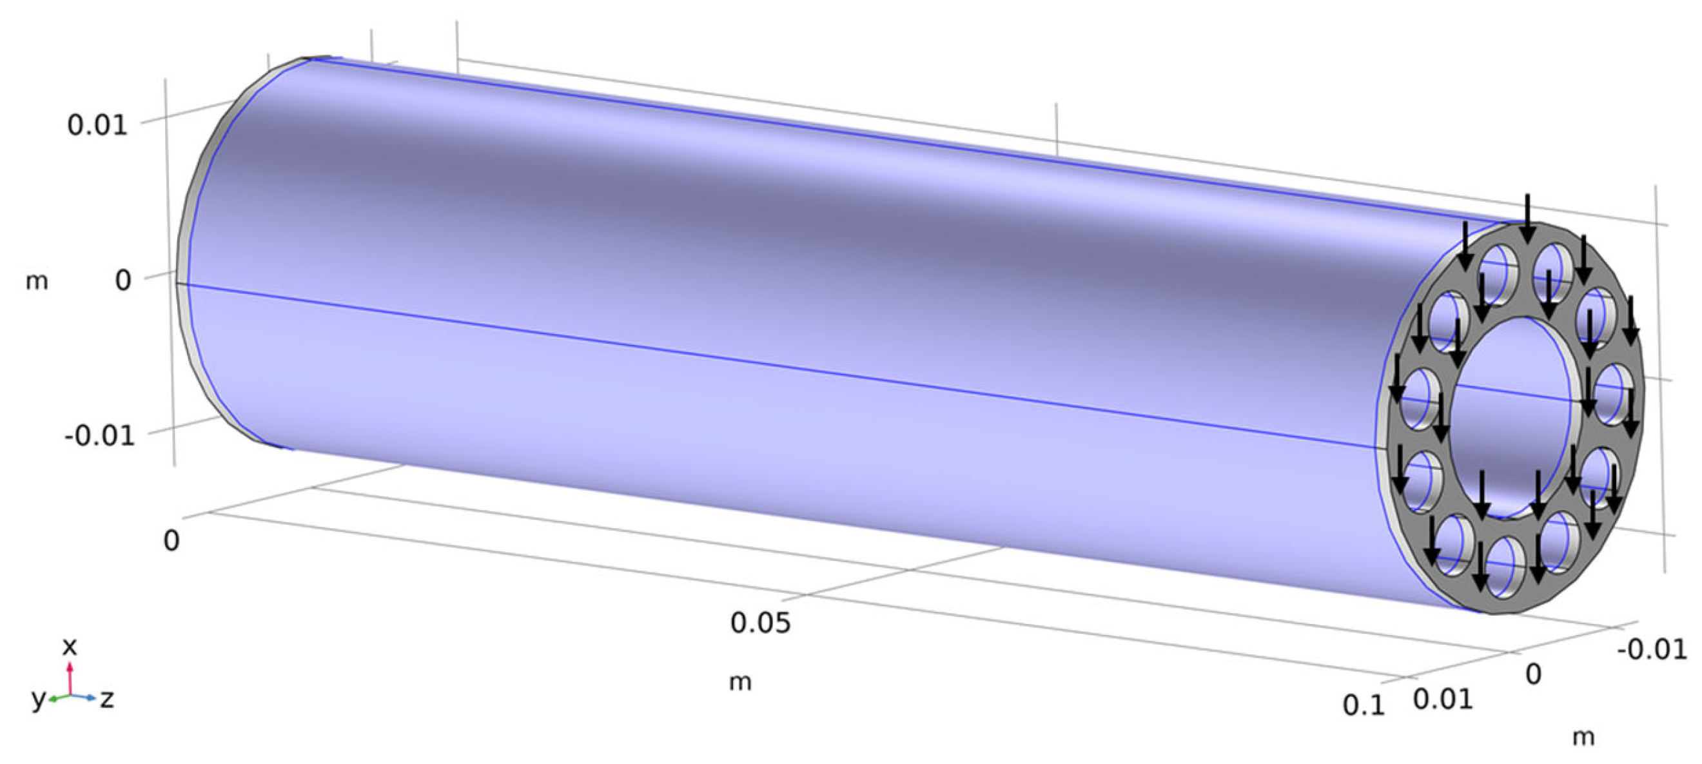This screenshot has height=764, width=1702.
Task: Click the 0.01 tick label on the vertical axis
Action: (97, 124)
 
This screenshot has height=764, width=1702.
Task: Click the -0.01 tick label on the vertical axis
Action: (100, 436)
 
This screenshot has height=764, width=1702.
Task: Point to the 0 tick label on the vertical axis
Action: (123, 280)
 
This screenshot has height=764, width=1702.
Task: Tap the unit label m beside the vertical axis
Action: (37, 282)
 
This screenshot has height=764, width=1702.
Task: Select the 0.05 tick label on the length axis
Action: (760, 623)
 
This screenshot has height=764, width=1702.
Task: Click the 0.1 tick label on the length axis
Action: (1363, 706)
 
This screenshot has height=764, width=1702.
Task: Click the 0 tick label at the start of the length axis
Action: (171, 541)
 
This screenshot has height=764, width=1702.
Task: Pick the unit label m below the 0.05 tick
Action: (740, 682)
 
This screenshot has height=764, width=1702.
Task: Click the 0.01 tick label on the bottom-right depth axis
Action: (1443, 700)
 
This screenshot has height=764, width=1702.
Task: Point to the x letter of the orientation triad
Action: (70, 646)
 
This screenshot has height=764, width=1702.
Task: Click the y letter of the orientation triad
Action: (39, 699)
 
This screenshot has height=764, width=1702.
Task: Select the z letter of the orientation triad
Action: (107, 699)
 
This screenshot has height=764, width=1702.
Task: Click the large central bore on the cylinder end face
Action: (1513, 416)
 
